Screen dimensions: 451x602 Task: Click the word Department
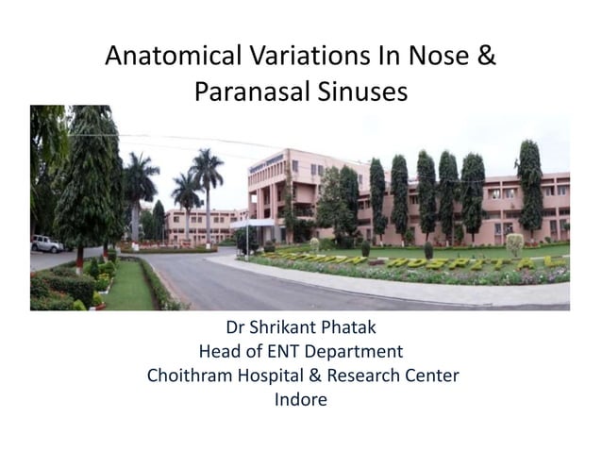[x=358, y=353]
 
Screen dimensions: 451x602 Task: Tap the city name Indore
[x=301, y=400]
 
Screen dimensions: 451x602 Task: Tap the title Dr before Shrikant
[x=236, y=329]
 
